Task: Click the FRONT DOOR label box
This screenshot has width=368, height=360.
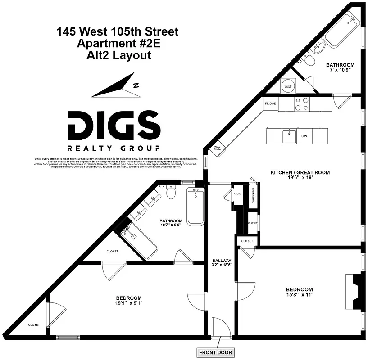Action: click(215, 352)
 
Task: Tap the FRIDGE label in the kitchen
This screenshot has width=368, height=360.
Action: click(270, 103)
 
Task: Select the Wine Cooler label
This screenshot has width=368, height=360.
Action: click(218, 148)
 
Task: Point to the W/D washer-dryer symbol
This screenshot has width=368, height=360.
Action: click(287, 85)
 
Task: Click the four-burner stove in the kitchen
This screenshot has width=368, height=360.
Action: click(301, 104)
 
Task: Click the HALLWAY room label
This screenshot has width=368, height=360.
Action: click(222, 261)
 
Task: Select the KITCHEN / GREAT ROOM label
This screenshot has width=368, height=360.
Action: click(300, 172)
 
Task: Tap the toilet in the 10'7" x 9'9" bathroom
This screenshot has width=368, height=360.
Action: click(171, 193)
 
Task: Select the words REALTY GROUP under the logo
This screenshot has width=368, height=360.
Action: click(113, 148)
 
